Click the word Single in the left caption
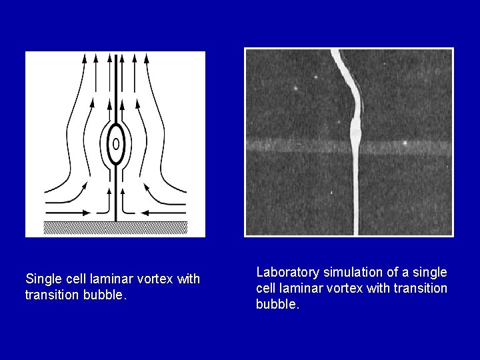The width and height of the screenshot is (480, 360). pos(41,279)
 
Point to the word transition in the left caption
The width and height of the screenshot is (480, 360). pos(49,295)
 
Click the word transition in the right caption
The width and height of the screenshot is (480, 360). pos(419,289)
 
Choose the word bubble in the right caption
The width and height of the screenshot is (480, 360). pos(277,305)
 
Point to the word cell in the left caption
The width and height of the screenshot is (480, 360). pos(73,279)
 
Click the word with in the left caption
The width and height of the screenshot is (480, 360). pos(187,279)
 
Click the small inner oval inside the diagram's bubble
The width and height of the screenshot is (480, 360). pos(116,143)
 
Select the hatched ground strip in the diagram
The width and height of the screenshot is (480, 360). pos(115,227)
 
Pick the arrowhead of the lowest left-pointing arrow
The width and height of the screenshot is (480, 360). pos(144,212)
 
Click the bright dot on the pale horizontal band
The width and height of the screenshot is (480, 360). pos(405,143)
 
